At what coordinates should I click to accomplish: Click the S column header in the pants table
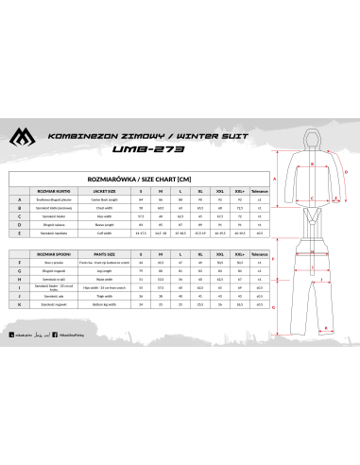[141, 255]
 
